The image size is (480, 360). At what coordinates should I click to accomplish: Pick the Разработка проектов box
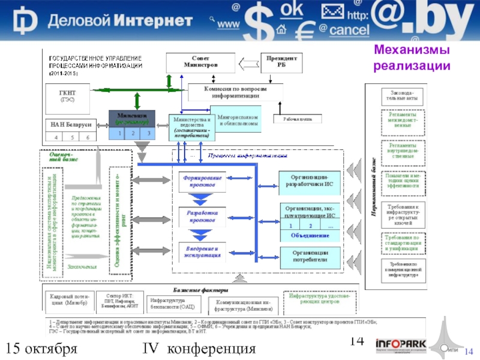(x=202, y=217)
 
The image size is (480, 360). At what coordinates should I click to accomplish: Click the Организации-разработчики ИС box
(x=312, y=180)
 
